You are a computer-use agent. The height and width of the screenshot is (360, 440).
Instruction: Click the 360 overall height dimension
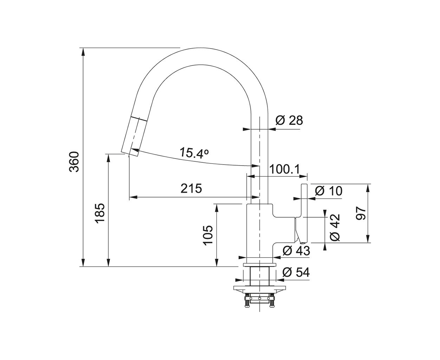(74, 162)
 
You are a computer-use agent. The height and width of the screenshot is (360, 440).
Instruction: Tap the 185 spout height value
(100, 213)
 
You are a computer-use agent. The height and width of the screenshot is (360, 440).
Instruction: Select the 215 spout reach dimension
(191, 188)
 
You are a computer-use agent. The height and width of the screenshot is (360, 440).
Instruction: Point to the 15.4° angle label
(194, 153)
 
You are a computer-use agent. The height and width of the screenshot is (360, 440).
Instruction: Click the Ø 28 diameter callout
(289, 121)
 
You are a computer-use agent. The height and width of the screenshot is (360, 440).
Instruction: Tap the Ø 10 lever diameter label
(329, 191)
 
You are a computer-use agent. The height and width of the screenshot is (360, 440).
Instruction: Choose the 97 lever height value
(361, 213)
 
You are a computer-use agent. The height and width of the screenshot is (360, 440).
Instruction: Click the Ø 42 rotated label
(335, 228)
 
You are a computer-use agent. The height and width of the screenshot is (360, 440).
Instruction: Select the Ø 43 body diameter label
(296, 250)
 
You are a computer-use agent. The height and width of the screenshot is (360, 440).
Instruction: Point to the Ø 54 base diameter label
(296, 272)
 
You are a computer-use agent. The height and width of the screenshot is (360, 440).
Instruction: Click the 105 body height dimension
(208, 235)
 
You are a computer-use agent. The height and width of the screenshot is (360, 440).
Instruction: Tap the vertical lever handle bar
(304, 214)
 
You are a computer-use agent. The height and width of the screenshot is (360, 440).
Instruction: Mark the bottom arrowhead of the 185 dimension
(108, 263)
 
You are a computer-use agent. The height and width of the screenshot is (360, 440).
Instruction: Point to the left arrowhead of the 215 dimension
(133, 197)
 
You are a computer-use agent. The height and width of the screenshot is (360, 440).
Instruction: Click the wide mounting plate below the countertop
(259, 289)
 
